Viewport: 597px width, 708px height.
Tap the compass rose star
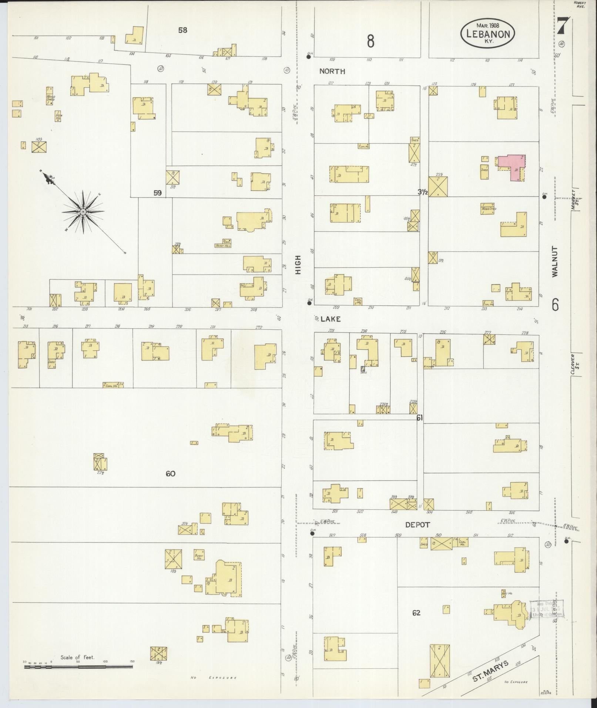point(83,212)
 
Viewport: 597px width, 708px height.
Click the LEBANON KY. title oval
point(488,34)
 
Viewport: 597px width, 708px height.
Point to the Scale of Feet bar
point(78,667)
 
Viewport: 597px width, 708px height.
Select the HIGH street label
point(298,265)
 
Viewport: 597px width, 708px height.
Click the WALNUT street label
point(555,262)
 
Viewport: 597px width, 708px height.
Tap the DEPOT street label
point(417,525)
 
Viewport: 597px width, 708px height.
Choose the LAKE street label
point(331,319)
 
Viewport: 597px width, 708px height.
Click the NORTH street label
point(332,71)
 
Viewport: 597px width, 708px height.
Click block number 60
point(170,473)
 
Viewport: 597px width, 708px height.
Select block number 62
point(416,613)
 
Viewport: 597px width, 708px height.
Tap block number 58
point(182,30)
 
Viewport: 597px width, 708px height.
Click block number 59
point(158,192)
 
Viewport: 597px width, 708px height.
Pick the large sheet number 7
point(563,27)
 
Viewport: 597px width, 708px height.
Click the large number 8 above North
point(370,41)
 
